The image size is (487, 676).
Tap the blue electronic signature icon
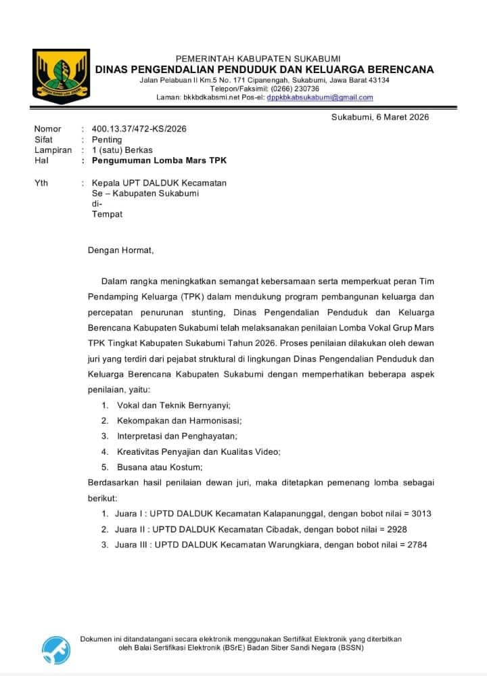click(x=56, y=649)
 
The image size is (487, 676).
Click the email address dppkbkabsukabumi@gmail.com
click(x=320, y=97)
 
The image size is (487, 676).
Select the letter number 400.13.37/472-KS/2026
click(x=139, y=129)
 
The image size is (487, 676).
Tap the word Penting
click(x=107, y=139)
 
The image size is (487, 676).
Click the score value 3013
click(x=420, y=514)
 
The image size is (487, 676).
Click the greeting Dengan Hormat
click(x=120, y=250)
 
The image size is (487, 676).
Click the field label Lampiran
click(x=53, y=150)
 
